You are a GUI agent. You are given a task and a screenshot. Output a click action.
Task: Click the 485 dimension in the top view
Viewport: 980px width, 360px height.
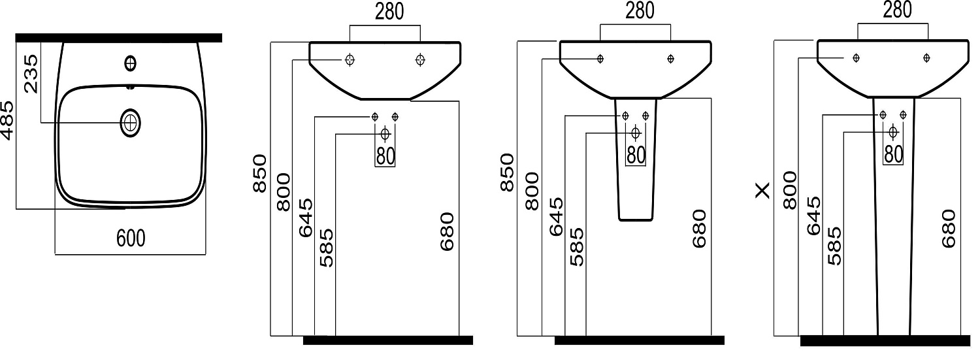tap(7, 120)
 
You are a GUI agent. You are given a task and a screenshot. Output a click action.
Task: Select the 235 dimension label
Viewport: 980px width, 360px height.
tap(31, 73)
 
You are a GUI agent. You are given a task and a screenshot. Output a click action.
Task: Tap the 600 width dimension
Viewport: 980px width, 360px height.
tap(131, 238)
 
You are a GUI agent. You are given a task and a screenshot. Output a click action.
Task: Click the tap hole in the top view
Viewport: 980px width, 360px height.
tap(130, 64)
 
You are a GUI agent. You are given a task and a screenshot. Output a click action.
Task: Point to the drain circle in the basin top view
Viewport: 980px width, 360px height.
tap(130, 123)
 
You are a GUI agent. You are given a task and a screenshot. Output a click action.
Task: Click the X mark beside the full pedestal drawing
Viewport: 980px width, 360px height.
tap(762, 191)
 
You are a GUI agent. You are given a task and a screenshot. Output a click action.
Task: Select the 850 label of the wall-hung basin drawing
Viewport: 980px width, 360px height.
tap(260, 172)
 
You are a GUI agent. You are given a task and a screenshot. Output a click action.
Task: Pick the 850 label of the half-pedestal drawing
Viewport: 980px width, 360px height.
tap(507, 172)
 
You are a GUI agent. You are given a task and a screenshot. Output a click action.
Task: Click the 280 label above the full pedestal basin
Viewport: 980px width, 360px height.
tap(897, 10)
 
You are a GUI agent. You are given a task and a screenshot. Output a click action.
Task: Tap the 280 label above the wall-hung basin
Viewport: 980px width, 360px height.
tap(389, 11)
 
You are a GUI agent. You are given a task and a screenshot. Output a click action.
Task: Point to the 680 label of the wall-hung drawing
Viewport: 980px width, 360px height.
tap(447, 231)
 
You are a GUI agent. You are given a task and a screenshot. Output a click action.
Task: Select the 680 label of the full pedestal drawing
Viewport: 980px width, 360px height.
tap(949, 229)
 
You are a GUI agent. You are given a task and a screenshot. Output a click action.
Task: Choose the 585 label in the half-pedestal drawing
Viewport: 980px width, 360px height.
tap(577, 247)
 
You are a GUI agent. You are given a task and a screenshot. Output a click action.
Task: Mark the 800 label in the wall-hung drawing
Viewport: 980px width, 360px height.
tap(284, 192)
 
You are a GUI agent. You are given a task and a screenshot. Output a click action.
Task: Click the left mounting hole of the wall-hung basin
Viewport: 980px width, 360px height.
tap(350, 59)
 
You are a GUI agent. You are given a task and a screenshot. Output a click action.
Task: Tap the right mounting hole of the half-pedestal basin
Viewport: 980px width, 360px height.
tap(671, 58)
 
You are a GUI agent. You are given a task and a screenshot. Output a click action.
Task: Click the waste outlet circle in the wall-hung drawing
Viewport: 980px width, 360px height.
tap(385, 134)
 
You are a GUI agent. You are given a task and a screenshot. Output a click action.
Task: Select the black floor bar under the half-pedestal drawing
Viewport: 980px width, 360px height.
tap(640, 340)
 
